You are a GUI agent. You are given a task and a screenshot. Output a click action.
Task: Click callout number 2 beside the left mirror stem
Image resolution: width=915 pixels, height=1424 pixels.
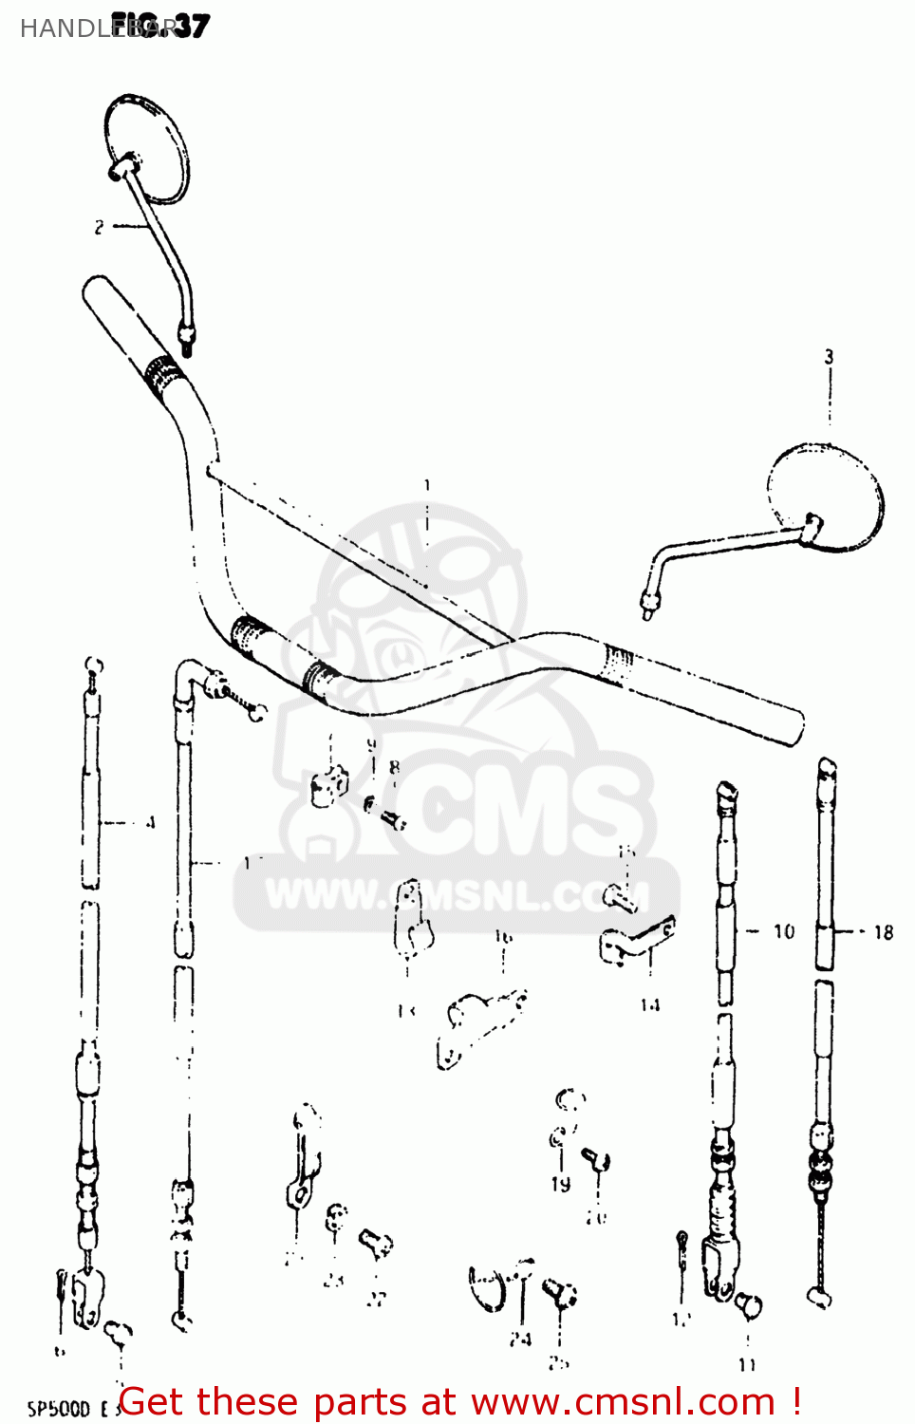tap(99, 227)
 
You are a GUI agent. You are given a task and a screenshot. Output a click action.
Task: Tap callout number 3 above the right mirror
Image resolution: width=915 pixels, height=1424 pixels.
tap(829, 357)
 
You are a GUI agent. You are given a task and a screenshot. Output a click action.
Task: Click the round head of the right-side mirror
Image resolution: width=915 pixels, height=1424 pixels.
tap(826, 497)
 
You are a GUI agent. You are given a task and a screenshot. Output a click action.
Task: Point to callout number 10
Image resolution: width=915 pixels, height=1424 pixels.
tap(784, 932)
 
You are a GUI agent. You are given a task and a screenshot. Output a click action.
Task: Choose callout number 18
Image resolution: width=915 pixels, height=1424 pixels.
tap(884, 932)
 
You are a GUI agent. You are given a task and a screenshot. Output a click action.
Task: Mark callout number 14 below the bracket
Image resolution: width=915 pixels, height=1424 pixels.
tap(650, 1004)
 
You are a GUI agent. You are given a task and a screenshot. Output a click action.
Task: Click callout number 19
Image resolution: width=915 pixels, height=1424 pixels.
tap(561, 1184)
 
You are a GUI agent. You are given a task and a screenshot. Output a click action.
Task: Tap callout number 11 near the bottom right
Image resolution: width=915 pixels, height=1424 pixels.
tap(748, 1364)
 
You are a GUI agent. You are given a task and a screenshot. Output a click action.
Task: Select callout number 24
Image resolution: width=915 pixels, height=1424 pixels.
tap(520, 1340)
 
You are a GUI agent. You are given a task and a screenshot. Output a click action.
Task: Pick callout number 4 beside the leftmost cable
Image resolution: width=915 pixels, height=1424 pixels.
tap(150, 823)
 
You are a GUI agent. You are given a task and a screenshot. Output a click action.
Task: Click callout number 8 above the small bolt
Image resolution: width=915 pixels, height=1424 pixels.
tap(394, 767)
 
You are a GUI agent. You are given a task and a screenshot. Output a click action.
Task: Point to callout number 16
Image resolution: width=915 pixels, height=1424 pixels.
tap(503, 937)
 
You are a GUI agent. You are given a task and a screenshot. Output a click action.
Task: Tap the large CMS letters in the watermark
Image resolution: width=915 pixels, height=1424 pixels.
tap(532, 807)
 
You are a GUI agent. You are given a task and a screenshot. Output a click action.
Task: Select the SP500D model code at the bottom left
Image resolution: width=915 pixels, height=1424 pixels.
tap(59, 1409)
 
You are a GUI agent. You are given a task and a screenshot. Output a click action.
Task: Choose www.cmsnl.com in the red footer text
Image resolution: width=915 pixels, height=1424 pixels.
tap(624, 1401)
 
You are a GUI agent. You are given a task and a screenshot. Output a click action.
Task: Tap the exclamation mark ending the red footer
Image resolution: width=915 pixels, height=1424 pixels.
tap(795, 1401)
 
